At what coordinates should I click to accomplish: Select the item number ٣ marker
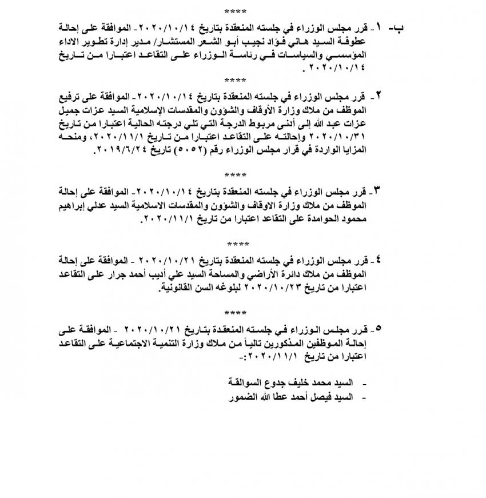[x=379, y=189]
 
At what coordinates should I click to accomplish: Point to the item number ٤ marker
[x=379, y=260]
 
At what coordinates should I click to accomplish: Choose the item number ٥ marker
[x=378, y=329]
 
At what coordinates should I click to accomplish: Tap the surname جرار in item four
[x=132, y=276]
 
